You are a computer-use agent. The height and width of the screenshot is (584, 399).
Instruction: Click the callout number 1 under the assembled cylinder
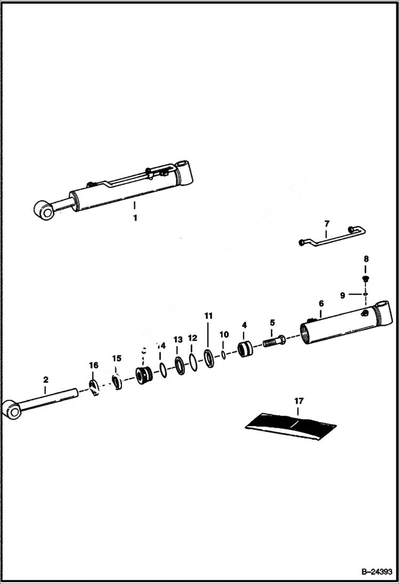point(135,218)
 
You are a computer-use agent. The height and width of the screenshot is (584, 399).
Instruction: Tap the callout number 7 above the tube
point(327,223)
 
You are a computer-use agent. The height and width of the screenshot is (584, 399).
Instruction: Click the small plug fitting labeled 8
point(365,279)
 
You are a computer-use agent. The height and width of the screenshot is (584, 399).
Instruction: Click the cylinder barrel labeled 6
point(341,326)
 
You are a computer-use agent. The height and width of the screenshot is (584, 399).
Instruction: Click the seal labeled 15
point(117,381)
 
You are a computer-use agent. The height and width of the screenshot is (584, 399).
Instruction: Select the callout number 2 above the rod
point(46,380)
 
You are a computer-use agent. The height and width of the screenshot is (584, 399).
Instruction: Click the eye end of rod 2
point(12,410)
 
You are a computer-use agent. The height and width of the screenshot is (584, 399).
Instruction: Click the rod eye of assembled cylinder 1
point(44,211)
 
